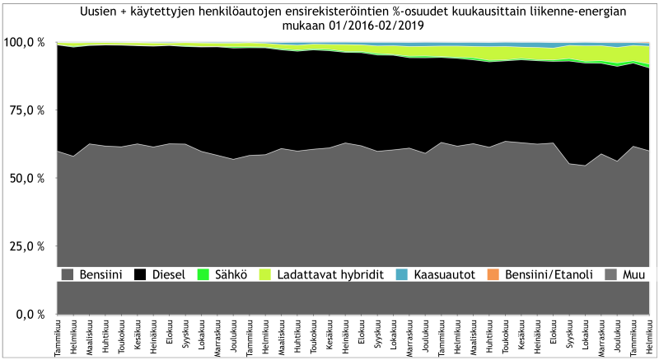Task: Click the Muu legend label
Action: click(633, 274)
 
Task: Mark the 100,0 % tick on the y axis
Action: click(25, 42)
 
